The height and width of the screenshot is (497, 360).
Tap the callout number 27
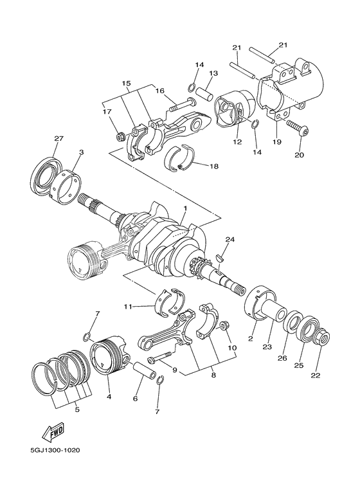coord(59,140)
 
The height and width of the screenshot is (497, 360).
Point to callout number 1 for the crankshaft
coord(184,210)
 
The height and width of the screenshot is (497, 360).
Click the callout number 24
coord(229,239)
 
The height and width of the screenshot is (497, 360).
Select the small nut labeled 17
coord(120,136)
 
